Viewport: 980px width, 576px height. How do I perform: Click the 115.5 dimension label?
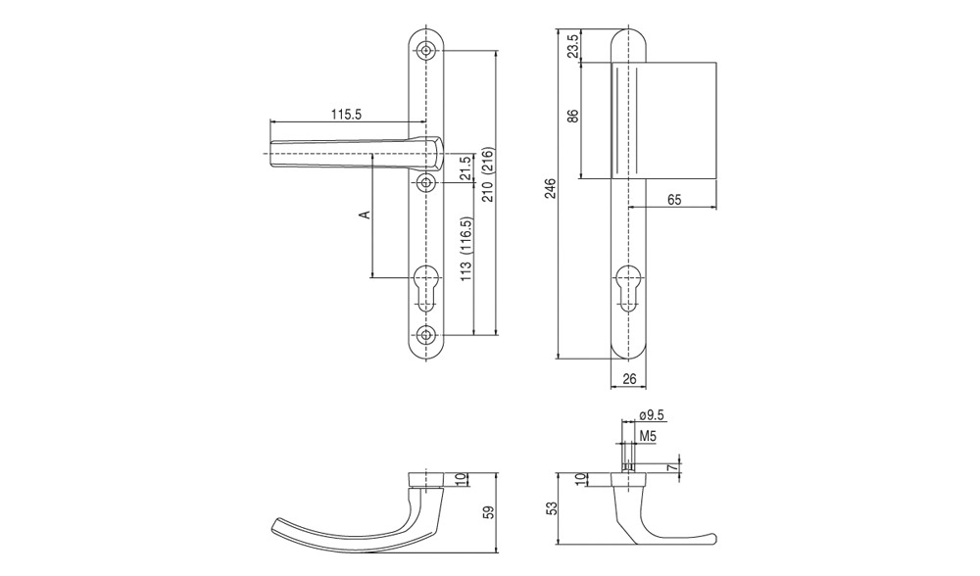pyautogui.click(x=346, y=115)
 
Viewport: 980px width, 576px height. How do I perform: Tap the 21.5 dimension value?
pyautogui.click(x=465, y=168)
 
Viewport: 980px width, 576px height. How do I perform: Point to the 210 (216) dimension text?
pyautogui.click(x=488, y=174)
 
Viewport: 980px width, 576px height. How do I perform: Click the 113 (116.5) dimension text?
pyautogui.click(x=466, y=250)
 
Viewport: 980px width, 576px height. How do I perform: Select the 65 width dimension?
pyautogui.click(x=674, y=200)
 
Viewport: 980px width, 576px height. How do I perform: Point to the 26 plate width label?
pyautogui.click(x=629, y=378)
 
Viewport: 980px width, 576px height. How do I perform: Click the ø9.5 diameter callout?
pyautogui.click(x=652, y=414)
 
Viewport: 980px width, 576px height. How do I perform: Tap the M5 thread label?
pyautogui.click(x=648, y=436)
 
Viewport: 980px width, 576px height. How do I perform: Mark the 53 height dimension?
pyautogui.click(x=551, y=507)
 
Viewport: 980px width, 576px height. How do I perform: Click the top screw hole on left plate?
pyautogui.click(x=426, y=51)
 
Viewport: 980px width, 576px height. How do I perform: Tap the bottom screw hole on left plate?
pyautogui.click(x=426, y=334)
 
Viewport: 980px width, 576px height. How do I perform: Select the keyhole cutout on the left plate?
pyautogui.click(x=426, y=289)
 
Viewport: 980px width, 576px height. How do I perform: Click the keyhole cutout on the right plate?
pyautogui.click(x=627, y=289)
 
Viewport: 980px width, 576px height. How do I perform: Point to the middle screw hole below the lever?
pyautogui.click(x=426, y=182)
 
